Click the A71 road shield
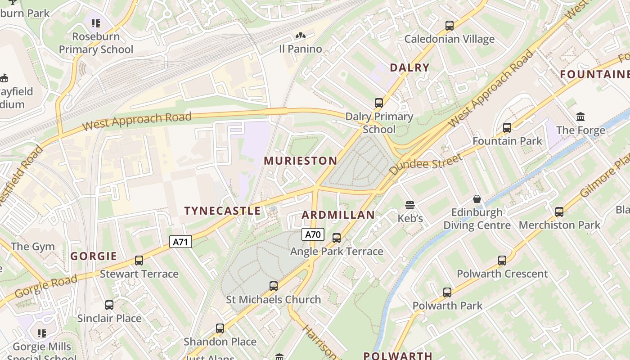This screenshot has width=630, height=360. [x=180, y=242]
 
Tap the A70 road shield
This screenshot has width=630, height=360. [x=313, y=234]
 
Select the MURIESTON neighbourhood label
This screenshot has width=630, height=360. [x=300, y=161]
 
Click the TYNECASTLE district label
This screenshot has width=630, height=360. [x=222, y=211]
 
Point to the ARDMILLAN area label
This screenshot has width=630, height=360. [x=338, y=215]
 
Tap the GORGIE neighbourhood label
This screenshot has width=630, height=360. [x=94, y=256]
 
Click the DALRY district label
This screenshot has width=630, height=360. [x=409, y=68]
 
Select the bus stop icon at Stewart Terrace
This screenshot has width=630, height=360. [x=139, y=261]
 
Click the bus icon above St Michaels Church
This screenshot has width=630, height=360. [x=273, y=286]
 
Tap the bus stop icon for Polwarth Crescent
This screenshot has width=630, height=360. [x=502, y=261]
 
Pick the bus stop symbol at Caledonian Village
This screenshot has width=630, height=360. [x=449, y=26]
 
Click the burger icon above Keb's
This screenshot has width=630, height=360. [x=409, y=205]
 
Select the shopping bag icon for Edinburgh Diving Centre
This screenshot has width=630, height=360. [x=477, y=199]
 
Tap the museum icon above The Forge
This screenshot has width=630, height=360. [x=580, y=117]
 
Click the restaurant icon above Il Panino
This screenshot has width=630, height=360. [x=300, y=36]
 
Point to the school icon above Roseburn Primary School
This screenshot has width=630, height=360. [x=95, y=23]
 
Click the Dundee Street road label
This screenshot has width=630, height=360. [x=425, y=164]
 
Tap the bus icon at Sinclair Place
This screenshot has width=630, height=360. [x=109, y=305]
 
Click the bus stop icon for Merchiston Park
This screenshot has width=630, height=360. [x=559, y=211]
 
